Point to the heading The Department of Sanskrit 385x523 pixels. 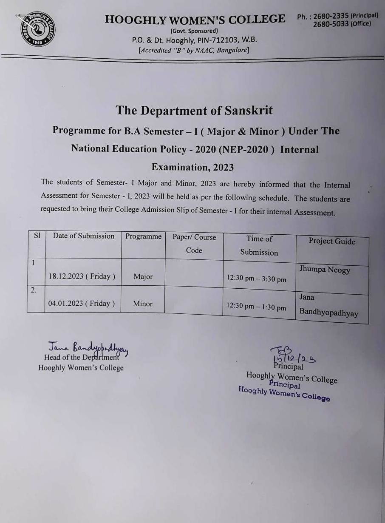194,111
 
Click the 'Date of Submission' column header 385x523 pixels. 84,236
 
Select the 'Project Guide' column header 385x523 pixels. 332,241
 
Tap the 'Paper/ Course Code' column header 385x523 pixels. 194,244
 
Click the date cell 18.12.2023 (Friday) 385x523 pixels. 82,276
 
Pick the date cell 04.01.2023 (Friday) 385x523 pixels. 82,304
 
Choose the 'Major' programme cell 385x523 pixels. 143,277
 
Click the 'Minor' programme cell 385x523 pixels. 143,304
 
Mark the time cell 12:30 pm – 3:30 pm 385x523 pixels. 256,279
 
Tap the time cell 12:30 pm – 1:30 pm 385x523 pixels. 256,307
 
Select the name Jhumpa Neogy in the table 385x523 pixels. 325,269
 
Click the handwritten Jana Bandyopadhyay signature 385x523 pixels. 88,348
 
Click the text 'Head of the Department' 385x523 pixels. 81,358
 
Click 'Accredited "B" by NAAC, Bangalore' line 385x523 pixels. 194,50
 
